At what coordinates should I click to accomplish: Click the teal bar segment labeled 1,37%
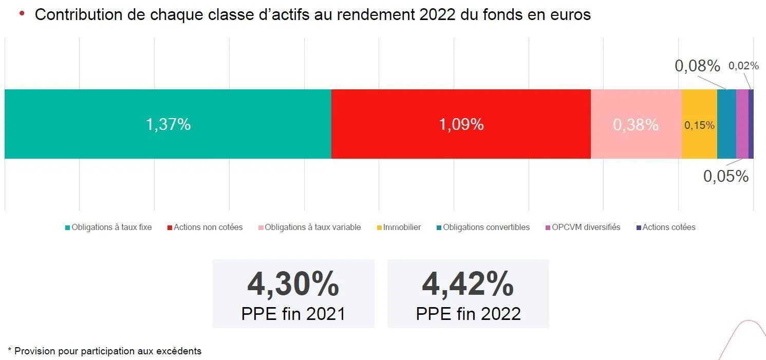coord(168,124)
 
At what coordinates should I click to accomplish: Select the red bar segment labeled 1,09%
coord(461,124)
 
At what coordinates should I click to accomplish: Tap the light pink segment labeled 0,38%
coord(636,124)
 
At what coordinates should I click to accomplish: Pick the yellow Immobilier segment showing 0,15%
coord(699,124)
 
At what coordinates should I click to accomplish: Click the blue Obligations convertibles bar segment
coord(726,124)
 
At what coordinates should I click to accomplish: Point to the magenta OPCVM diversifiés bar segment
coord(742,124)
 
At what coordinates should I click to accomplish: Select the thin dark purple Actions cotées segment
coord(751,124)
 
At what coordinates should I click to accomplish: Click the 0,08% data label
coord(697,66)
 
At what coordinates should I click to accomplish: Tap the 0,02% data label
coord(743,66)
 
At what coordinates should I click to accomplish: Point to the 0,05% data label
coord(725,176)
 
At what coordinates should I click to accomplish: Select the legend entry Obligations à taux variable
coord(312,227)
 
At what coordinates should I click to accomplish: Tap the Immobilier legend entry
coord(402,227)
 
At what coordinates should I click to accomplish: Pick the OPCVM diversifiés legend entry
coord(586,227)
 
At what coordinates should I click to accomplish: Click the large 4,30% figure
coord(293,285)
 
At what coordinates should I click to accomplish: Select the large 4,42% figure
coord(468,285)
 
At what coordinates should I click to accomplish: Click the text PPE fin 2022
coord(468,313)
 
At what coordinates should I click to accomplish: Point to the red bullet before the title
coord(22,13)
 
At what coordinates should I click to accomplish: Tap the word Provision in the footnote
coord(32,351)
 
